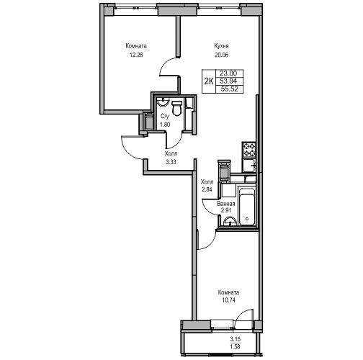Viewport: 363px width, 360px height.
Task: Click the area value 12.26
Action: point(136,55)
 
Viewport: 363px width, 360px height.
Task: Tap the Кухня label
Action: point(221,46)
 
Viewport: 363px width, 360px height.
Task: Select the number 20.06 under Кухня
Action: point(221,55)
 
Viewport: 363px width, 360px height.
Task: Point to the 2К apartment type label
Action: point(209,81)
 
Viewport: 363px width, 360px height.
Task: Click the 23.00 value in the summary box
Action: point(228,73)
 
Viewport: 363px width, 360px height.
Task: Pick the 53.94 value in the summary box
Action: point(228,81)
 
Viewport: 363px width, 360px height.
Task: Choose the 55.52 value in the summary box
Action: point(230,89)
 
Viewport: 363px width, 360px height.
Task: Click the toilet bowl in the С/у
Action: point(177,109)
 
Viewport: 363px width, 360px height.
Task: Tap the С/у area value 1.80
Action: point(165,125)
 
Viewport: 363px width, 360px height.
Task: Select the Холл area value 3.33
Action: point(171,162)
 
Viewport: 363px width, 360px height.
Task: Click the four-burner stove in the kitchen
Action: point(248,150)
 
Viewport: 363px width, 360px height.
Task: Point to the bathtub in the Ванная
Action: point(247,207)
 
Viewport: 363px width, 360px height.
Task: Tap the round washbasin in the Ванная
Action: point(230,222)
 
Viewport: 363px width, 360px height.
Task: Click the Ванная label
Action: point(226,204)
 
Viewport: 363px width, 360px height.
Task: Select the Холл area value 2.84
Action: point(207,189)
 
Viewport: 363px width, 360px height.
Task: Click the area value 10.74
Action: point(228,300)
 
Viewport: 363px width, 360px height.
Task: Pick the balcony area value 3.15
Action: point(236,339)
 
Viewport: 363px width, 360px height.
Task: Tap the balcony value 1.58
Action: point(236,346)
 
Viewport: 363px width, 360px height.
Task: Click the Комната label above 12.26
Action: point(136,46)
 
